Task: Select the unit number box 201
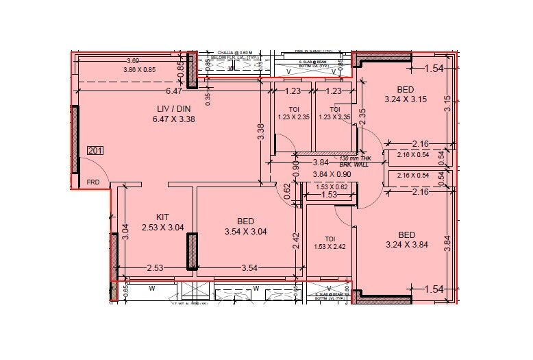95,150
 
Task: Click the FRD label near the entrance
93,182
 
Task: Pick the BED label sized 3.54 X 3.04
245,221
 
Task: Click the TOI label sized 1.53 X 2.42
330,238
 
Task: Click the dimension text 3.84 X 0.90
332,175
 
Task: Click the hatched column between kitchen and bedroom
193,251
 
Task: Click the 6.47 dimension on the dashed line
173,90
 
